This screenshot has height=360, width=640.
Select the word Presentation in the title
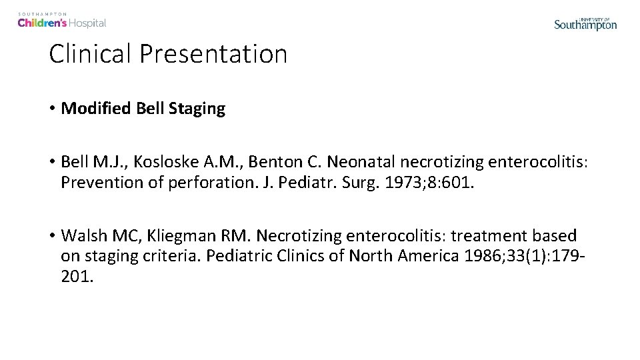213,54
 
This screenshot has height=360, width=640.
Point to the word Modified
96,109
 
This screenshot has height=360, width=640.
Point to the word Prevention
100,182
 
